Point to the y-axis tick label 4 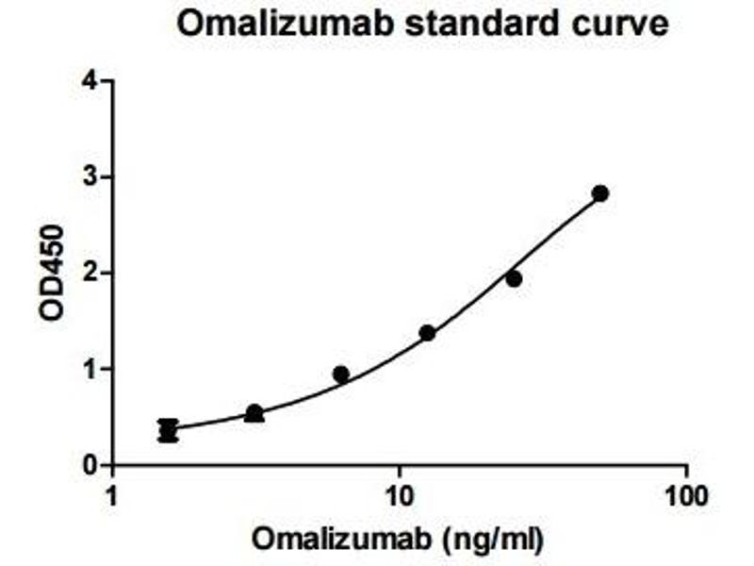90,81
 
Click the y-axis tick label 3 90,177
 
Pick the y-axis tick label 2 90,274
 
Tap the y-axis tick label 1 90,370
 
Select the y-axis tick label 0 90,466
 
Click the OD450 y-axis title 53,274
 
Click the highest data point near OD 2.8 600,193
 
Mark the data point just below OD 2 514,279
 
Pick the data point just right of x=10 427,333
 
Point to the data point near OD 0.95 341,375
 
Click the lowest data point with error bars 168,431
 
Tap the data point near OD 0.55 254,413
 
